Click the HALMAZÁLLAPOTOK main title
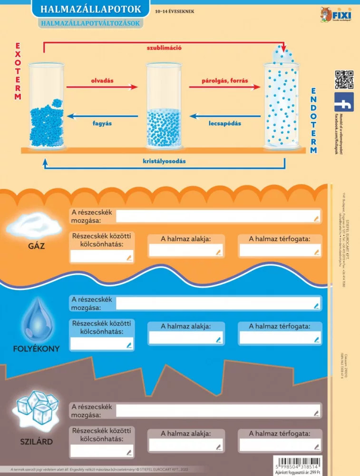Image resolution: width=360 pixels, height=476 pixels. coord(90,9)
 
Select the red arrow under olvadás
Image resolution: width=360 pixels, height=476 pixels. coord(102,87)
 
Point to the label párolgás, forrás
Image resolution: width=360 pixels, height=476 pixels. coord(225,80)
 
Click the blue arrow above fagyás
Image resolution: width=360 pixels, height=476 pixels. coord(102,115)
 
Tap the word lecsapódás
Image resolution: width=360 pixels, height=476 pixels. coord(224,123)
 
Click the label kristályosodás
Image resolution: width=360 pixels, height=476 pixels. coord(164,161)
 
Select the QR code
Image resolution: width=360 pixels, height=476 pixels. coord(344,79)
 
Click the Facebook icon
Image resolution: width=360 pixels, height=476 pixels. coord(344,102)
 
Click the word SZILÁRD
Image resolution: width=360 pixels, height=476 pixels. coord(37,442)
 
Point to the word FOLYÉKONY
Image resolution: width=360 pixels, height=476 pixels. coord(36,348)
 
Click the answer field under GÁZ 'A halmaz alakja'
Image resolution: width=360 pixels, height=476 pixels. coord(185,250)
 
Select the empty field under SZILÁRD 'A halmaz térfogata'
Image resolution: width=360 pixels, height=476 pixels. coord(280,446)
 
